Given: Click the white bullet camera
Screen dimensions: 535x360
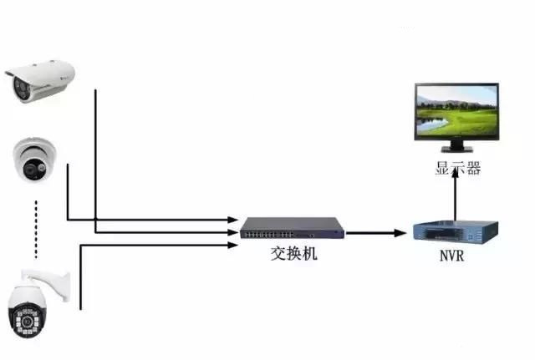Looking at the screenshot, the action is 40,81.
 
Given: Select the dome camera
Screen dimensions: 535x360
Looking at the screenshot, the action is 34,160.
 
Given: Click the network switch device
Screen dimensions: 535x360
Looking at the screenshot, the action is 292,228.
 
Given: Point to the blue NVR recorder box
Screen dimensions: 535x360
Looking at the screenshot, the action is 456,232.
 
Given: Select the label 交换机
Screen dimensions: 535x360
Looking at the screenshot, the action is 293,254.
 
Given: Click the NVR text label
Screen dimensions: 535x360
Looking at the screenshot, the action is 451,256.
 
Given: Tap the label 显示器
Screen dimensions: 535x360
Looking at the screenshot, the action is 457,169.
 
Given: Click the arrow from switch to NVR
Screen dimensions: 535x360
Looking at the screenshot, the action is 375,233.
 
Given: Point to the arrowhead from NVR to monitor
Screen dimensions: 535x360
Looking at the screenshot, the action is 455,173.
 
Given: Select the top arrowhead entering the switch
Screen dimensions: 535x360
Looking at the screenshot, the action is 232,220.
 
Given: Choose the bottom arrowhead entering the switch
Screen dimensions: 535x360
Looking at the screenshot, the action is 232,245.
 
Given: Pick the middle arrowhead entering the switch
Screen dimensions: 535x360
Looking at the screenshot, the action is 232,232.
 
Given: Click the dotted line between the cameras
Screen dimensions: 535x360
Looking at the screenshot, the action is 36,230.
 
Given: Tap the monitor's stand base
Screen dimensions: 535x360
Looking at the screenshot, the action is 457,149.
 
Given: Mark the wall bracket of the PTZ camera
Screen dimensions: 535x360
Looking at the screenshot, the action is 47,283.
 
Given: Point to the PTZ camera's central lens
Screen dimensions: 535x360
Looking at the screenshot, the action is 27,321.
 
